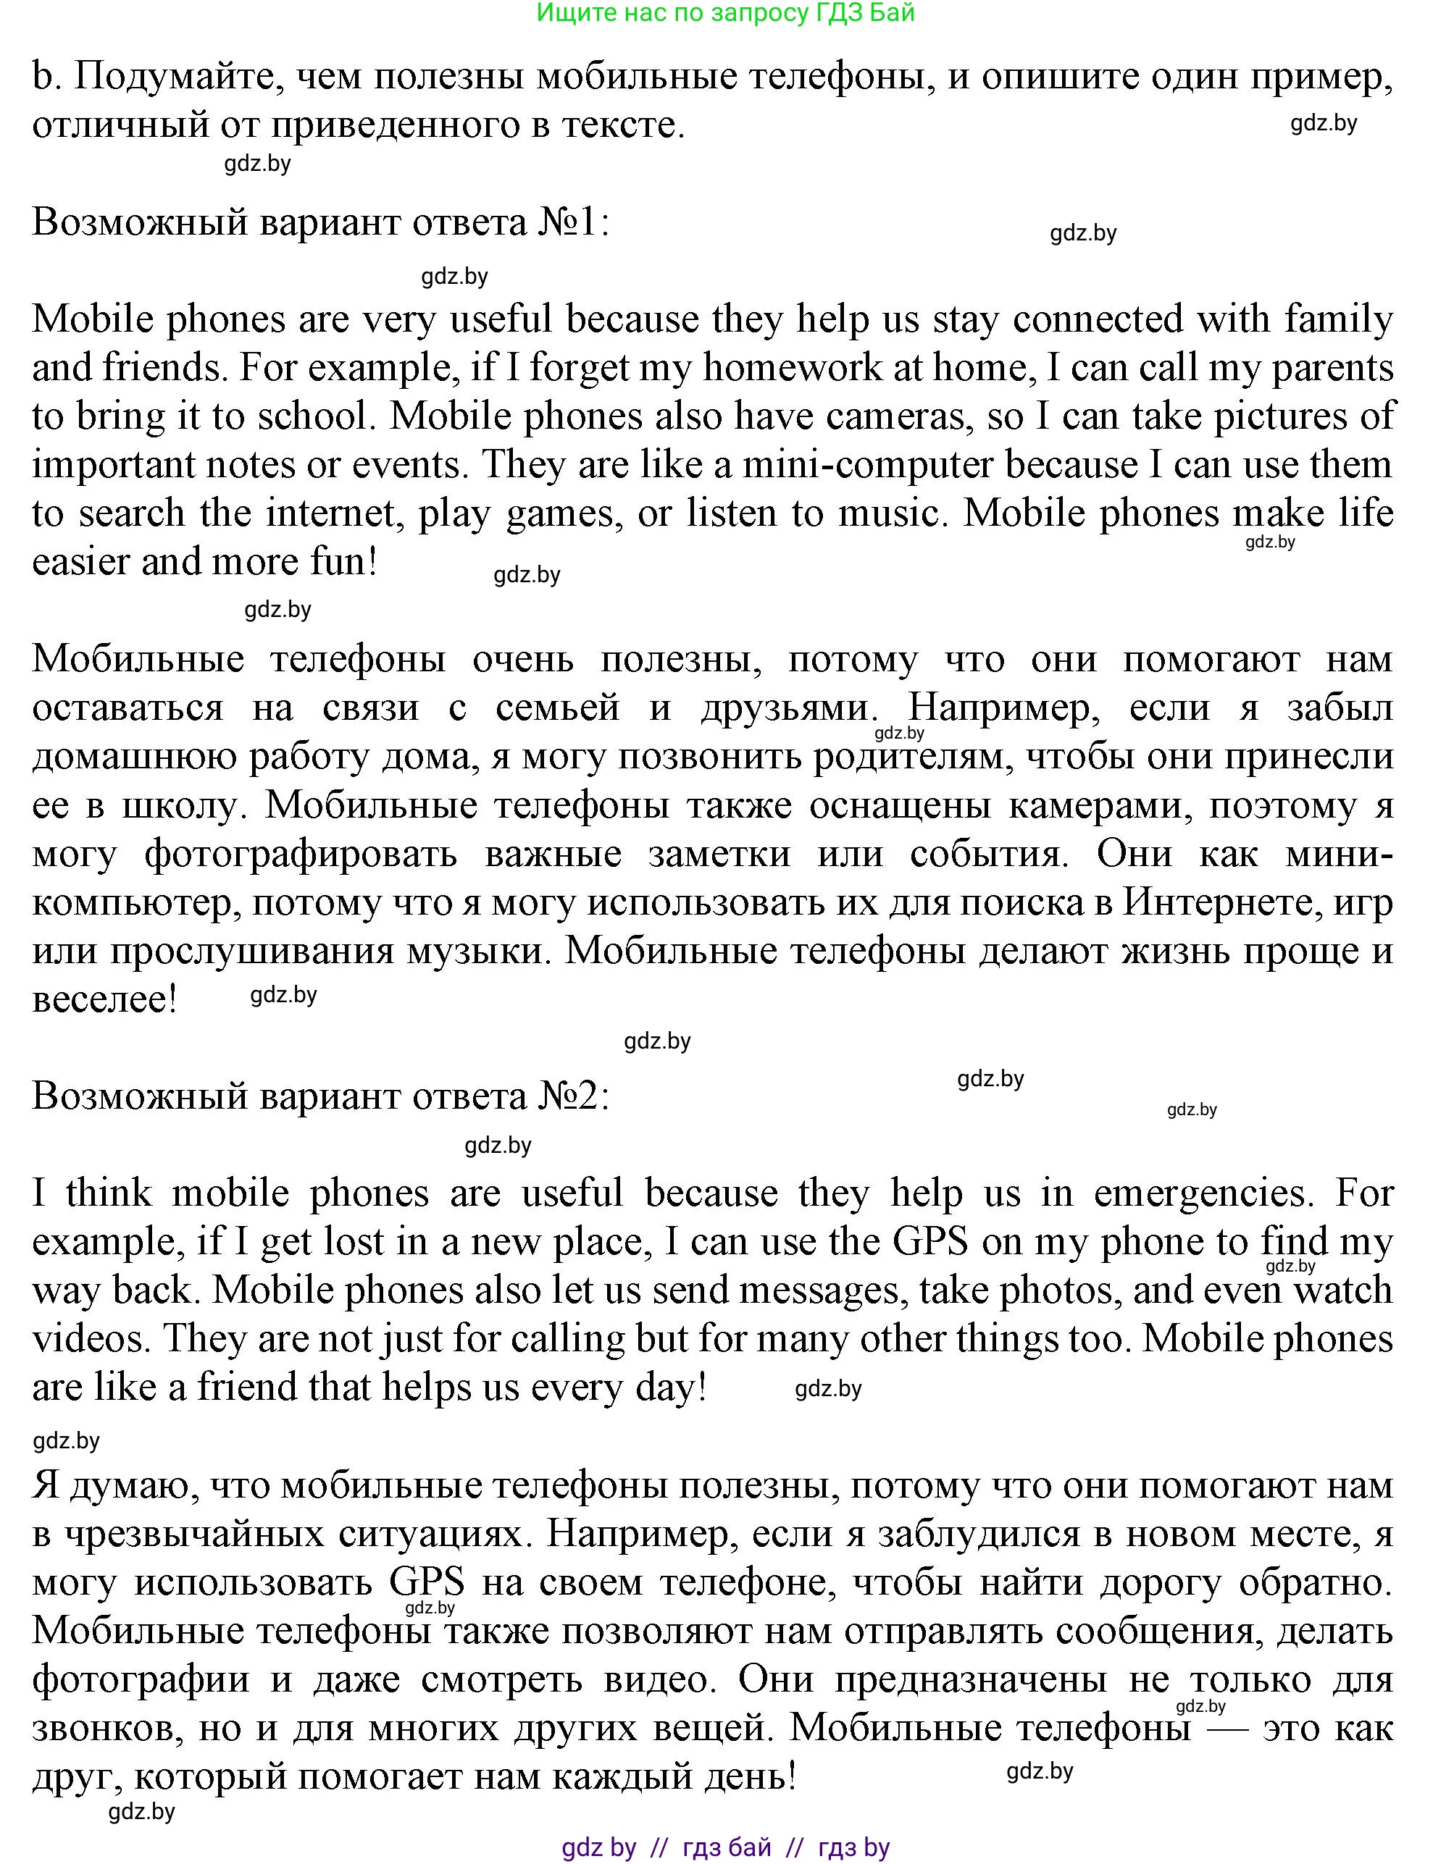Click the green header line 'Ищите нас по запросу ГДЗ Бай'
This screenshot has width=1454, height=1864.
(726, 13)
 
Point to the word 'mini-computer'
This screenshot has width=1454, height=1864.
(867, 465)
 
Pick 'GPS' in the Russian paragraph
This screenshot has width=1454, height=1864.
(427, 1582)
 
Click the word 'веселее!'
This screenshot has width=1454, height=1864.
(104, 999)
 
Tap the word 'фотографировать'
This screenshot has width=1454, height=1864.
(301, 854)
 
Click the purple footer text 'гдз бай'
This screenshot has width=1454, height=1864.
(727, 1848)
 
